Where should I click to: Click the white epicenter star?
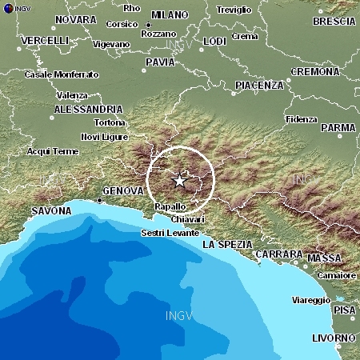(x=180, y=181)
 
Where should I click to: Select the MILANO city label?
(x=169, y=15)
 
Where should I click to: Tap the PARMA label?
(x=338, y=127)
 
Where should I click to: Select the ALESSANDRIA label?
(x=88, y=108)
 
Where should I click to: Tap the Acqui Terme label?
(x=53, y=151)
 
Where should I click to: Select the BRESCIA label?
(x=334, y=22)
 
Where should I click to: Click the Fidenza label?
(x=302, y=120)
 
